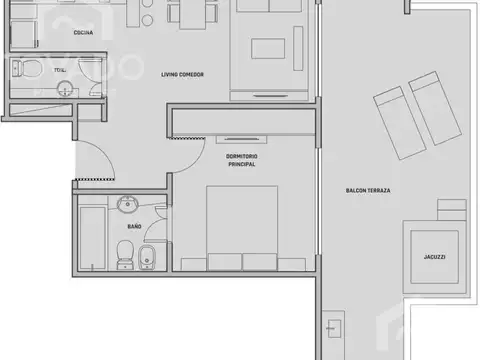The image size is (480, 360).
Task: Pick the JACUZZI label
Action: coord(434,256)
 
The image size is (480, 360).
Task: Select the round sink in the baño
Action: coord(127,207)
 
